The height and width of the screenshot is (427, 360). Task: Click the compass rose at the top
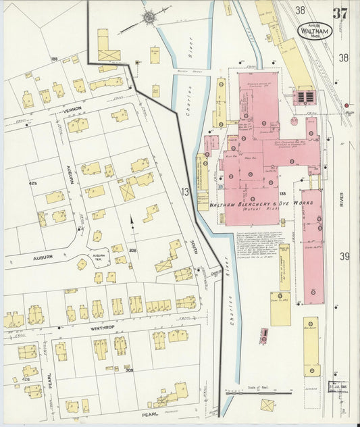(149, 16)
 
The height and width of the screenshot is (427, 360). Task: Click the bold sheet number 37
(340, 14)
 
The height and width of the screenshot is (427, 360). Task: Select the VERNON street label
(73, 108)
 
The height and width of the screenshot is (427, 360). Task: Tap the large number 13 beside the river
(185, 192)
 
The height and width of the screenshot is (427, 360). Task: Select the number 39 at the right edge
(344, 256)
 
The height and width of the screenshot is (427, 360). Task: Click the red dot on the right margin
(346, 105)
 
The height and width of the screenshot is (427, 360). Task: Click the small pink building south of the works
(263, 335)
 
